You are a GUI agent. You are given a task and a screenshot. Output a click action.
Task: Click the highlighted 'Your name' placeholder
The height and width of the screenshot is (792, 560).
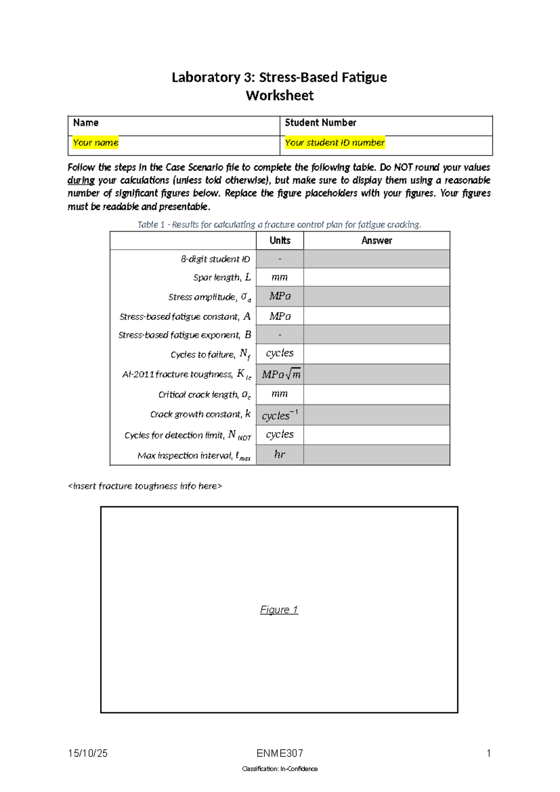tap(96, 143)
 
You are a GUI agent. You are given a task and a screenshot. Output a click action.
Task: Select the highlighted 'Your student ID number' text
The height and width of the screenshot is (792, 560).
tap(335, 143)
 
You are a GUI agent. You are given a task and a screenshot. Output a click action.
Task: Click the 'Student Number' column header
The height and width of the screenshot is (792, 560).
tap(320, 123)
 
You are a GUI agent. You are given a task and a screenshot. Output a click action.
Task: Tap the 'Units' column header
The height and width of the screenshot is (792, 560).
tap(280, 240)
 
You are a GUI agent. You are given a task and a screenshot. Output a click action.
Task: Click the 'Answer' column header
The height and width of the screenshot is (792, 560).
tap(377, 240)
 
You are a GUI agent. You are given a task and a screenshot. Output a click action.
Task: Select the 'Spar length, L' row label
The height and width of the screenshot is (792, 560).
tap(222, 277)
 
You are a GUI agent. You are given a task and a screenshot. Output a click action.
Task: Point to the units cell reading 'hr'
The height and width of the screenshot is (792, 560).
tap(280, 454)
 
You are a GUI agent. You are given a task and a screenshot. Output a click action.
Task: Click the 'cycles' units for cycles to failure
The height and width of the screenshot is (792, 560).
tap(280, 354)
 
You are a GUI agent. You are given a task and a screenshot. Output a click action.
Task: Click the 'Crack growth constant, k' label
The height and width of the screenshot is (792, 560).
tap(200, 414)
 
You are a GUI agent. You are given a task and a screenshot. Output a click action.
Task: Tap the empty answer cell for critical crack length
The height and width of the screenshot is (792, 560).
tap(377, 395)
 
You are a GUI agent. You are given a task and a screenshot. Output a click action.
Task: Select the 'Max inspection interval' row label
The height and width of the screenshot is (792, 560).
tap(194, 456)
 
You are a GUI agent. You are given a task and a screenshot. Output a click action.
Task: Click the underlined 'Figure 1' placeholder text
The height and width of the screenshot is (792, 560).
tap(279, 610)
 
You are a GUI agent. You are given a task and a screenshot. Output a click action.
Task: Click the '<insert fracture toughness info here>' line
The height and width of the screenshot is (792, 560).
tap(145, 486)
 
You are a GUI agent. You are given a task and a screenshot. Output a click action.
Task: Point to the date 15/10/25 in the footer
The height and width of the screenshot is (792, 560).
tap(88, 753)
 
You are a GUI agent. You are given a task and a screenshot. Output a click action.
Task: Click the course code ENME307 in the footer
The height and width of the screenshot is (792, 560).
tap(280, 753)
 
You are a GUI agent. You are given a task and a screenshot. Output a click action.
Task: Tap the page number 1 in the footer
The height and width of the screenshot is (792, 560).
tap(488, 753)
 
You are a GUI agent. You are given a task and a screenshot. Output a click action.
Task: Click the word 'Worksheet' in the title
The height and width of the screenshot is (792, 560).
tap(280, 96)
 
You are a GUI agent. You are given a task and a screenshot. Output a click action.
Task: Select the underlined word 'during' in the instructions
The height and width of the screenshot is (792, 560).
tap(81, 180)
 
